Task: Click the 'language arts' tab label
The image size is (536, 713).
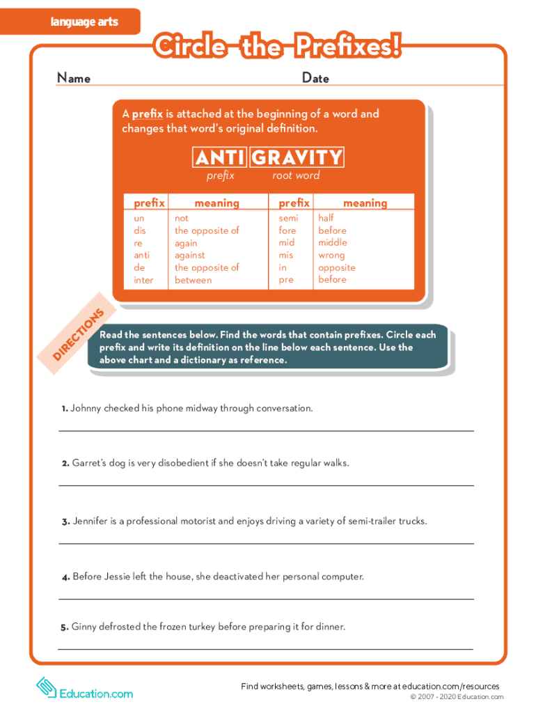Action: point(84,22)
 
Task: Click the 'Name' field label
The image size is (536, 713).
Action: point(73,78)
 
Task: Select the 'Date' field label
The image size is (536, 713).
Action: point(315,78)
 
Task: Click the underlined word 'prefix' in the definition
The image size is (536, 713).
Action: point(148,114)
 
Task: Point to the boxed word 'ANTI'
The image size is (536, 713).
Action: point(219,158)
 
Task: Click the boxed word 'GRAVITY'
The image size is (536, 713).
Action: point(297,158)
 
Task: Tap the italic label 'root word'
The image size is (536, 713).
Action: point(296,175)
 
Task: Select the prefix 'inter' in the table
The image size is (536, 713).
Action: point(143,280)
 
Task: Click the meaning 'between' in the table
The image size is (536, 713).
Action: point(193,280)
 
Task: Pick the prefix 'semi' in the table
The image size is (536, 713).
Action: point(288,218)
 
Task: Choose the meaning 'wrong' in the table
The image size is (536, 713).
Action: point(332,255)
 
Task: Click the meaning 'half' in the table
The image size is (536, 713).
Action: point(326,218)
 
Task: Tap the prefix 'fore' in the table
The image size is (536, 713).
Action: point(287,230)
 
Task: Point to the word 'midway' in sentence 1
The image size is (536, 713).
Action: point(200,408)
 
